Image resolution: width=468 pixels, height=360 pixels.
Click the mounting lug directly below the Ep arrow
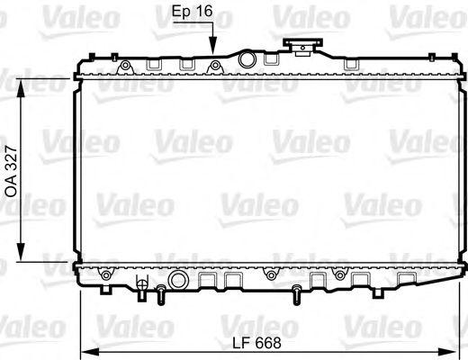[x=214, y=65]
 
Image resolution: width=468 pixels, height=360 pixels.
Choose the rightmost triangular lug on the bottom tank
[x=339, y=272]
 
